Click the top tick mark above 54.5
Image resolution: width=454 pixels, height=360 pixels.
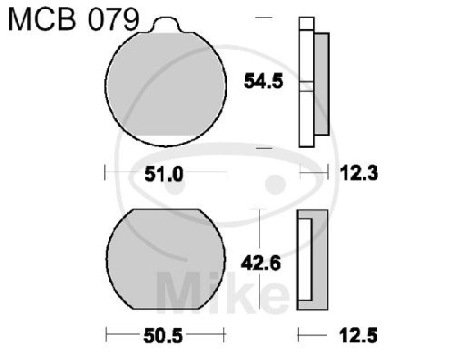pyautogui.click(x=261, y=19)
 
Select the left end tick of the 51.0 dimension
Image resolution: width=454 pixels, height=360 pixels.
pyautogui.click(x=106, y=172)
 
